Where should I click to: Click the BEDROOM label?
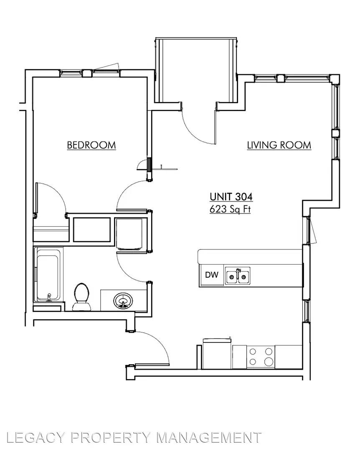click(x=91, y=145)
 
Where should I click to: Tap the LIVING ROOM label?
click(x=279, y=145)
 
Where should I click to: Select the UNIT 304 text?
click(x=231, y=197)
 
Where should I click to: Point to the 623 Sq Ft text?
click(x=230, y=209)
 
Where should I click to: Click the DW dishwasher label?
click(x=211, y=275)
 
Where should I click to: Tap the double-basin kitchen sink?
click(x=237, y=276)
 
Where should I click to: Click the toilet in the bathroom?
click(x=81, y=297)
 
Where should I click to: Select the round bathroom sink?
click(x=123, y=301)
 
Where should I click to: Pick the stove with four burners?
click(x=261, y=357)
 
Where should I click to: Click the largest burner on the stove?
click(x=269, y=361)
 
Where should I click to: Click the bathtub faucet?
click(x=49, y=297)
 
